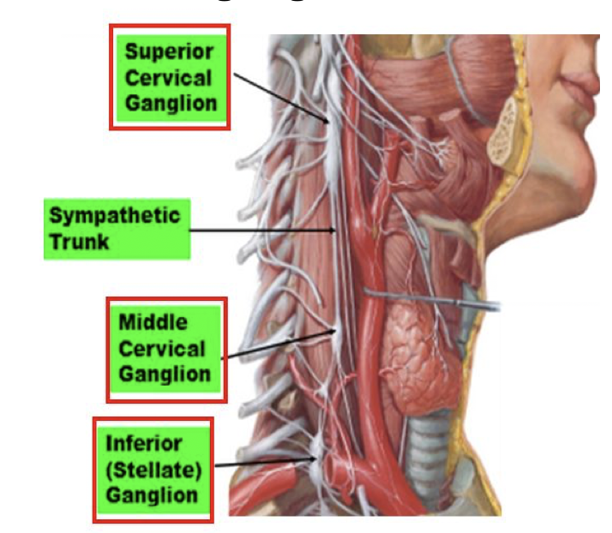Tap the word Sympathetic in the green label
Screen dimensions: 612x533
(x=113, y=214)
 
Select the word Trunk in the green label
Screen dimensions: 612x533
(x=78, y=242)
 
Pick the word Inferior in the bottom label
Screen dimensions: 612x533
(x=143, y=444)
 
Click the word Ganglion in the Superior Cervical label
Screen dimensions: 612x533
(x=169, y=104)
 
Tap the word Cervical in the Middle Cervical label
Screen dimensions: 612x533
(x=162, y=349)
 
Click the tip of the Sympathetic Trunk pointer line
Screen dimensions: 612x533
(x=334, y=230)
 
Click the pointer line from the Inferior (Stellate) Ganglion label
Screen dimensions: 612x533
(x=266, y=464)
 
